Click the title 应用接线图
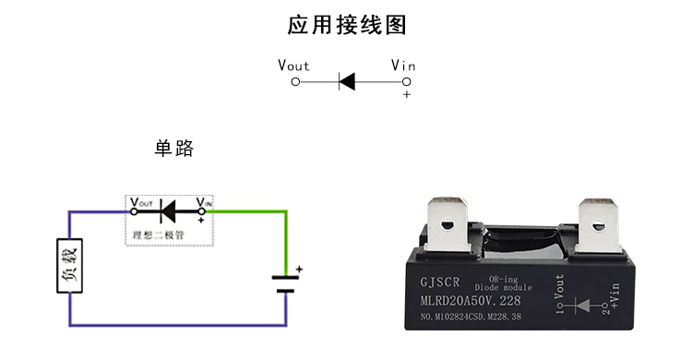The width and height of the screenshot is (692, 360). pos(347,25)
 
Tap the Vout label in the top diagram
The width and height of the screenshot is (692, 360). pos(293,66)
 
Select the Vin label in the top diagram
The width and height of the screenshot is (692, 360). pos(403,66)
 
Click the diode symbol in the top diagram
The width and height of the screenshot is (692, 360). pos(347,82)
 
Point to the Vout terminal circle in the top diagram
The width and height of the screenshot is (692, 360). pos(295,82)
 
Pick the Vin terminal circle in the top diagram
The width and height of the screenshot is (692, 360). pos(407,82)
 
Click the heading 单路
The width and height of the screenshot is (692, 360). pos(173,148)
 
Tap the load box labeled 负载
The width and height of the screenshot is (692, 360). pos(70,266)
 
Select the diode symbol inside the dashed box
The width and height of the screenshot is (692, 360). pos(168,211)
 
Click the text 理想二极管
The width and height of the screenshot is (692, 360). pos(158,235)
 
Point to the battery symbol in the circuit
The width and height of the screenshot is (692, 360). pos(285,284)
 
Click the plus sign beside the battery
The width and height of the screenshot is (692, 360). pos(299,269)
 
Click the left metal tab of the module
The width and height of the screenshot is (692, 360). pos(447,225)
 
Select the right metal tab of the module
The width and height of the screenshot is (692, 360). pos(598,226)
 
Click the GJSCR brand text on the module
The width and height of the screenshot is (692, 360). pos(439,282)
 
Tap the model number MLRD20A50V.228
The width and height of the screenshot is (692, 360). pos(471,301)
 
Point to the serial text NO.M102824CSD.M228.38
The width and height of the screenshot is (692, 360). pos(471,317)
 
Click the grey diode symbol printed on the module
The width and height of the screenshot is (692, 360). pos(582,306)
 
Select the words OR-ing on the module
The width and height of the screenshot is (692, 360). pos(503,279)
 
